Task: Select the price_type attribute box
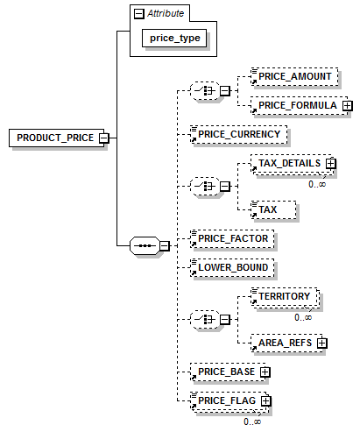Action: [174, 38]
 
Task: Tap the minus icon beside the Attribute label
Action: [139, 14]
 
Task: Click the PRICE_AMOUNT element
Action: [294, 76]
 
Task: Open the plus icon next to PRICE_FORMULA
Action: [348, 105]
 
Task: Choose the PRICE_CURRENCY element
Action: [238, 134]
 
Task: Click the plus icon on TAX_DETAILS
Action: [331, 163]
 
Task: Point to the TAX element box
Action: [273, 209]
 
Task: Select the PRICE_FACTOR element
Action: [232, 238]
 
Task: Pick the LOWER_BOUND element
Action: [232, 267]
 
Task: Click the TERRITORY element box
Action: [285, 296]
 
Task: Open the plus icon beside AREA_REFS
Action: [321, 343]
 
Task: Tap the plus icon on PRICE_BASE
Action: [265, 372]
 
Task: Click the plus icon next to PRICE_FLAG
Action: [266, 400]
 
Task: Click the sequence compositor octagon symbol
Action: [145, 245]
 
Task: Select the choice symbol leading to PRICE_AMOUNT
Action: [205, 91]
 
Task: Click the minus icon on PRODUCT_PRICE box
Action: [104, 138]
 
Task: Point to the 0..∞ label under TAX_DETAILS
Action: [317, 184]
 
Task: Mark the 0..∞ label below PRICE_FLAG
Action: [252, 421]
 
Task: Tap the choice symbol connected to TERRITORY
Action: [205, 319]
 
